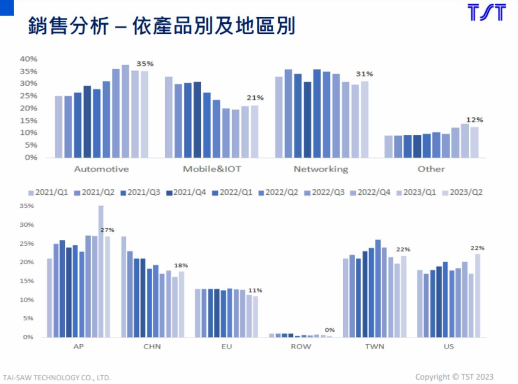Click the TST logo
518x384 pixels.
tap(486, 13)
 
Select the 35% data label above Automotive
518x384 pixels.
tap(145, 63)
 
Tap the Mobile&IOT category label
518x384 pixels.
tap(212, 169)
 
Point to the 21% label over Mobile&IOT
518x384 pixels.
tap(255, 98)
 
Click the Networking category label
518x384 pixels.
tap(321, 169)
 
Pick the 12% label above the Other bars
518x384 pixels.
tap(474, 120)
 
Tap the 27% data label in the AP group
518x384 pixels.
tap(107, 230)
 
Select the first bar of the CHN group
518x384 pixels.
tap(124, 287)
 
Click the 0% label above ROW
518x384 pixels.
tap(329, 330)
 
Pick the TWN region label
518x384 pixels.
tap(375, 346)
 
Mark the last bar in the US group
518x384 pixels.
tap(477, 295)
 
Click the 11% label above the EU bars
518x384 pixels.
tap(255, 290)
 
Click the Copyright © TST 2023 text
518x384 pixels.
tap(454, 377)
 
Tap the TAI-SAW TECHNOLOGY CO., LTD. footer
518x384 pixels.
tap(56, 378)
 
